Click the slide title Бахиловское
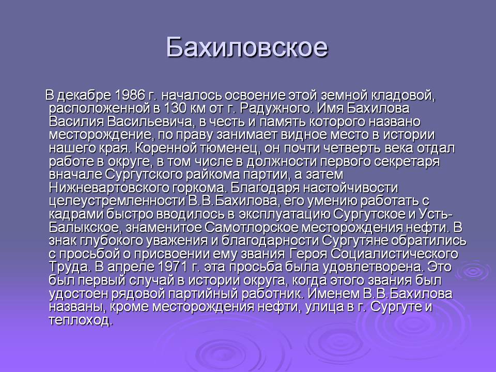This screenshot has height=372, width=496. pyautogui.click(x=247, y=48)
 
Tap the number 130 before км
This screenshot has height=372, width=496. pyautogui.click(x=175, y=108)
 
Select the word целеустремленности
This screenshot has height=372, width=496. pyautogui.click(x=117, y=202)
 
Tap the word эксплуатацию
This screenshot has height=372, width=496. pyautogui.click(x=284, y=215)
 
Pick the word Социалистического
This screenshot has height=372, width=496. pyautogui.click(x=395, y=254)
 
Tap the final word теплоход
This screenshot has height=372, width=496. pyautogui.click(x=81, y=321)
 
